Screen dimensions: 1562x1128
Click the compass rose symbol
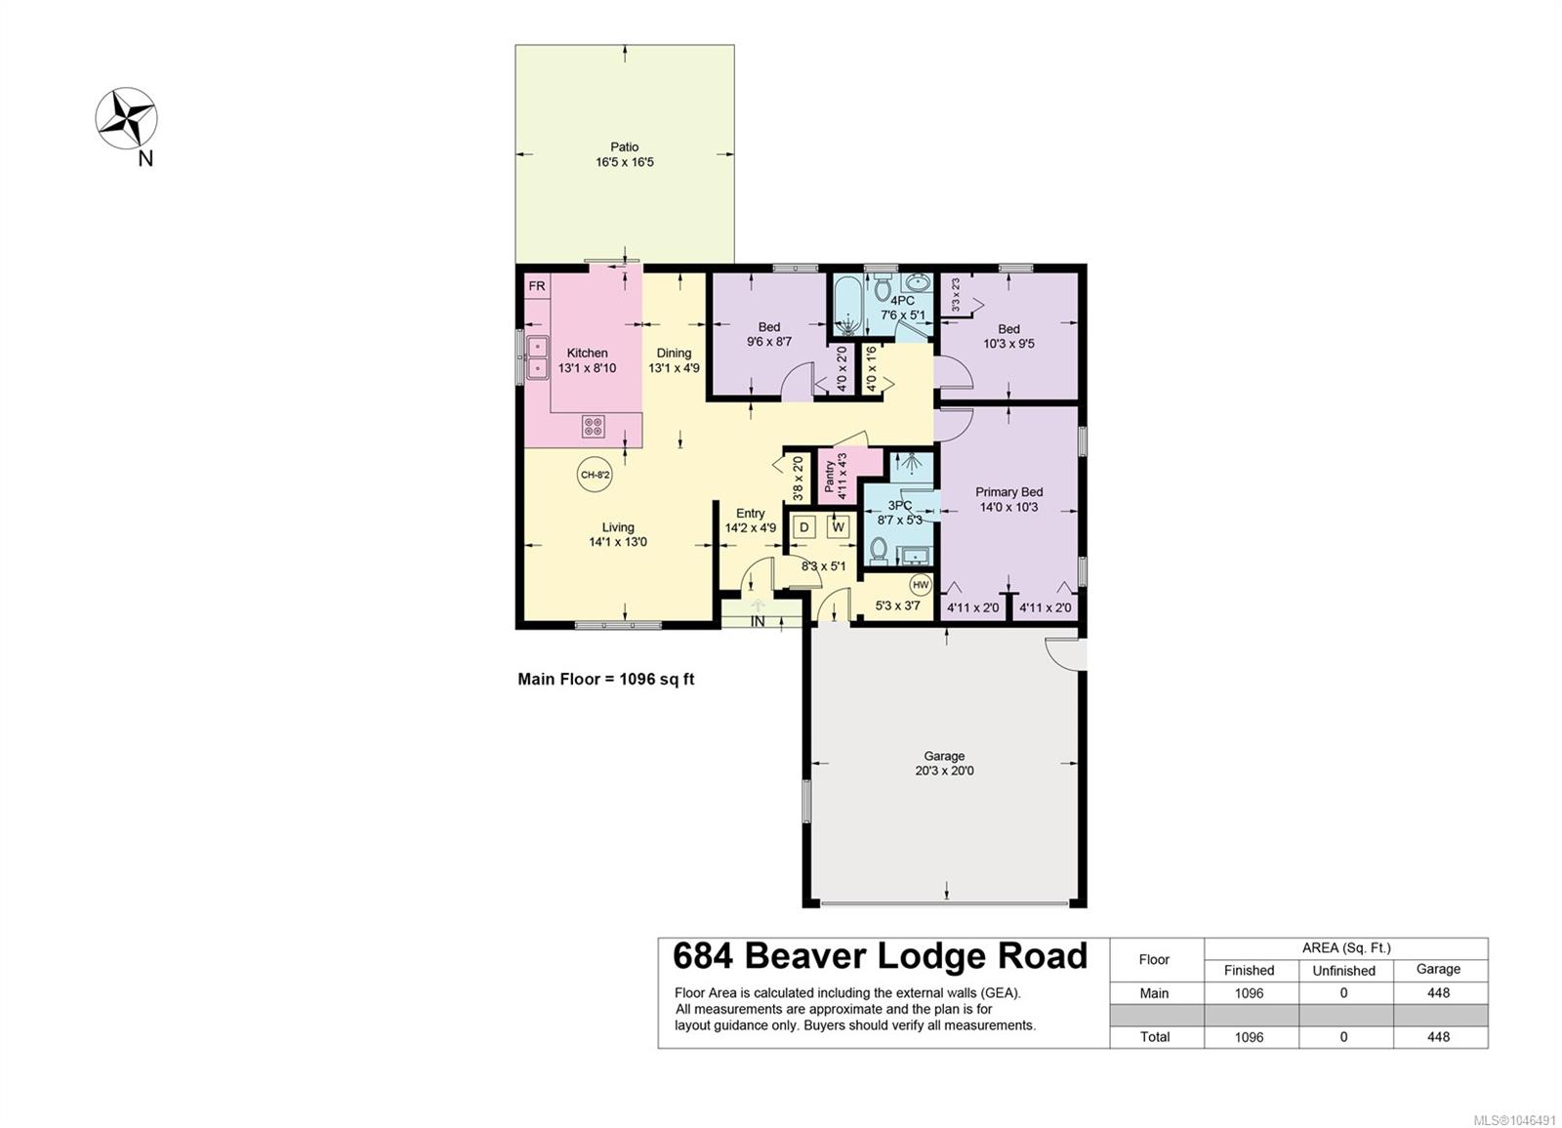coord(126,118)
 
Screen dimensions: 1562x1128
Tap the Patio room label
coord(625,147)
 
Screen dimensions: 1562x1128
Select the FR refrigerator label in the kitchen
coord(537,286)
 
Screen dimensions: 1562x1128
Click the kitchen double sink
coord(538,356)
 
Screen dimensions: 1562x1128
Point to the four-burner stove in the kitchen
coord(594,426)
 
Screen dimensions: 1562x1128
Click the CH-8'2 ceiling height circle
coord(596,475)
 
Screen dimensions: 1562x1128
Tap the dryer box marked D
coord(804,526)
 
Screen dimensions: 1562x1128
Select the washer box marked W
coord(839,526)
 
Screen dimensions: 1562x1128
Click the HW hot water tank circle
coord(921,585)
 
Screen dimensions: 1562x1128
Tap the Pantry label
coord(830,476)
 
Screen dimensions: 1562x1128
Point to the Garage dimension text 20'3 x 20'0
coord(944,771)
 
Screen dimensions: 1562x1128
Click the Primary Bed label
coord(1008,492)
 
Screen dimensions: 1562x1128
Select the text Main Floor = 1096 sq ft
coord(606,679)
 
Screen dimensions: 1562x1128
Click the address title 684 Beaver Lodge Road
coord(880,956)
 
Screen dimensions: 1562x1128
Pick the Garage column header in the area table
coord(1438,969)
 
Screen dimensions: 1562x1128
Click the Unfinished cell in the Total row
coord(1343,1036)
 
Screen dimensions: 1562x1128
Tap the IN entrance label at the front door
coord(758,621)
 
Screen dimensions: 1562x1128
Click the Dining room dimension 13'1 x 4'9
coord(674,367)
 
